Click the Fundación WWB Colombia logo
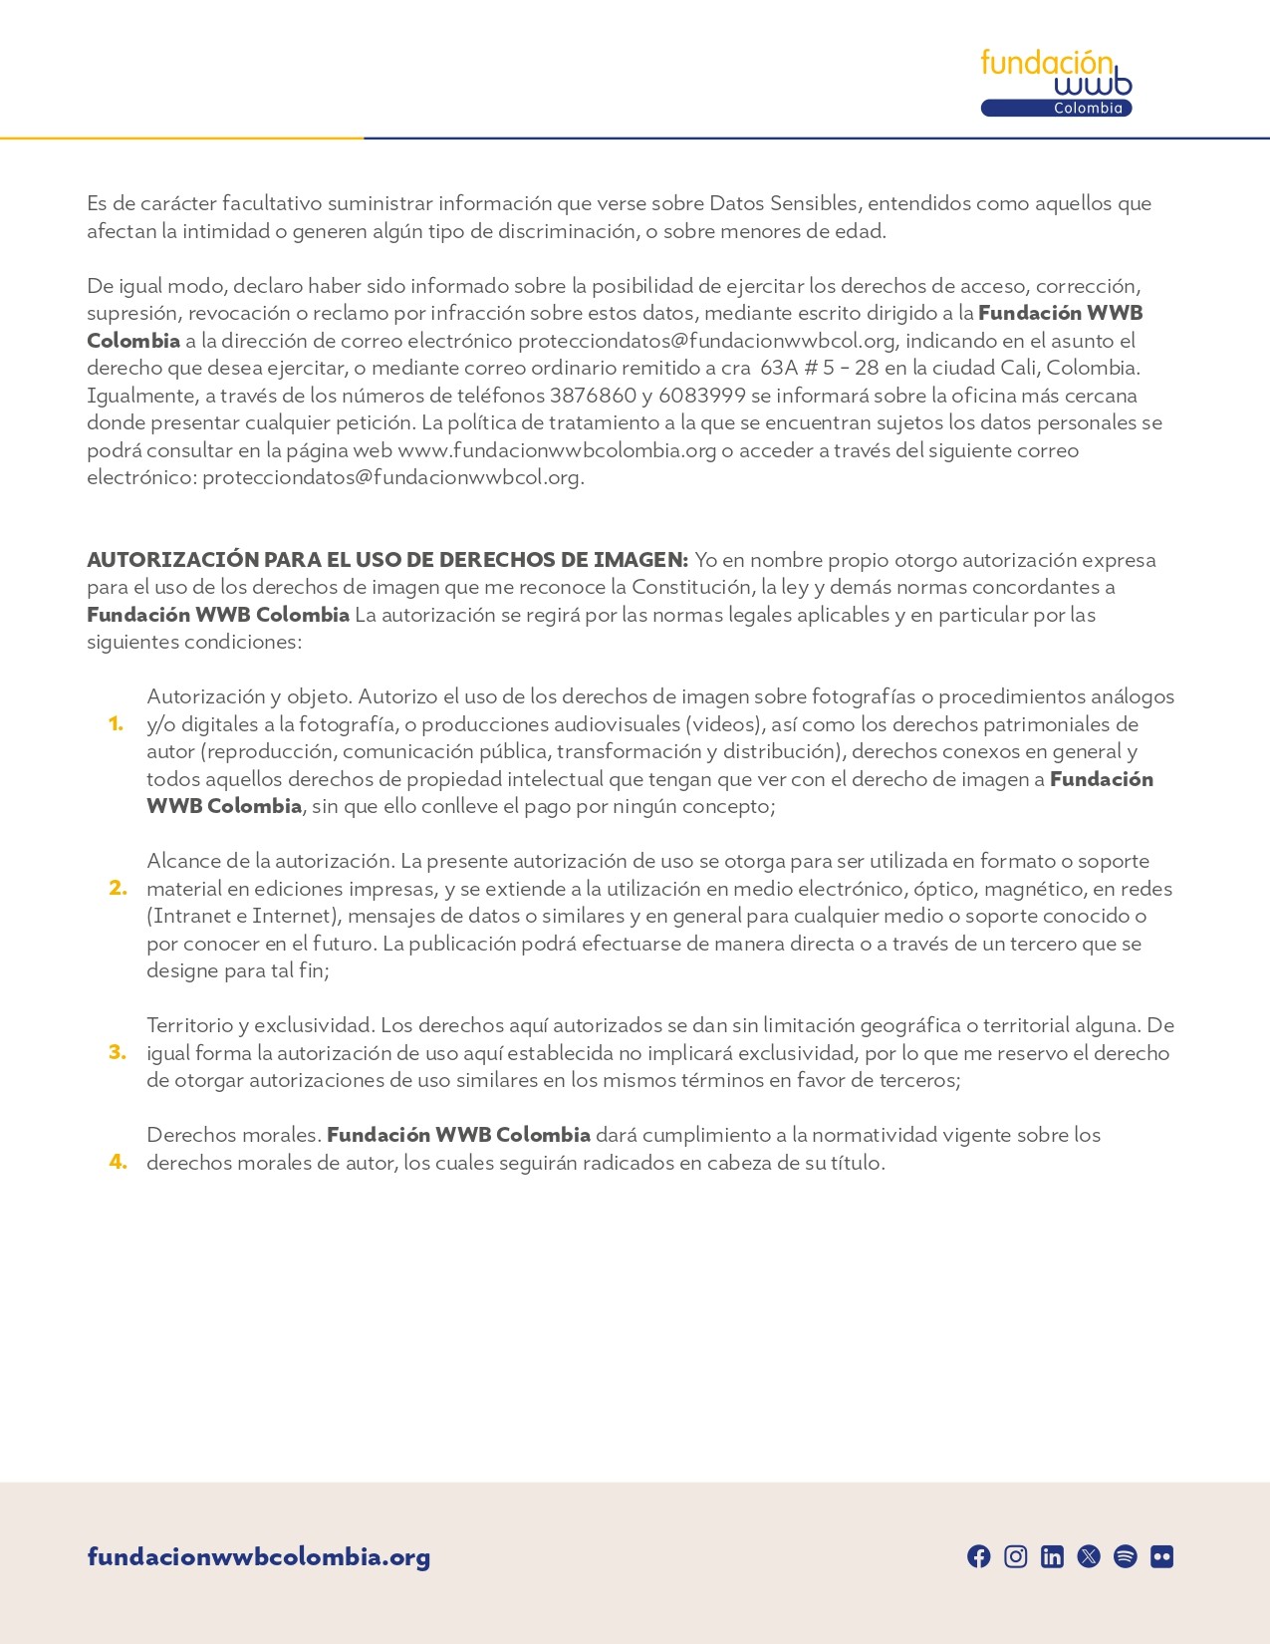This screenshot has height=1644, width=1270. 1056,83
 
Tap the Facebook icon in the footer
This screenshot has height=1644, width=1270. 979,1556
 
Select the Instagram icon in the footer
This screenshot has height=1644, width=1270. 1015,1556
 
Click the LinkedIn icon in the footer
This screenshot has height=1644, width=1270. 1052,1556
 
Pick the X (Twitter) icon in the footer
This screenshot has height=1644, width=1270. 1089,1556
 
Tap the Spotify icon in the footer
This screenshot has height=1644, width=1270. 1126,1556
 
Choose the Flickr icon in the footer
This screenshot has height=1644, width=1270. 1161,1556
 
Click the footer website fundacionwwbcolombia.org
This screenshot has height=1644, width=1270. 259,1556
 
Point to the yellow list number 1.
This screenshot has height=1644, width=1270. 117,724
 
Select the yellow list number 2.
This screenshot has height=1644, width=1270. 118,889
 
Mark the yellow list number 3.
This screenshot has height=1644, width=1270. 118,1053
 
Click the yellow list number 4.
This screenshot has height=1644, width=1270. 118,1163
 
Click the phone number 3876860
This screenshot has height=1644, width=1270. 593,396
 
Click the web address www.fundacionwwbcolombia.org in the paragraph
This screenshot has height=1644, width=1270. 557,450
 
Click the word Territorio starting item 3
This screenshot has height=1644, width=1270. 190,1025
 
